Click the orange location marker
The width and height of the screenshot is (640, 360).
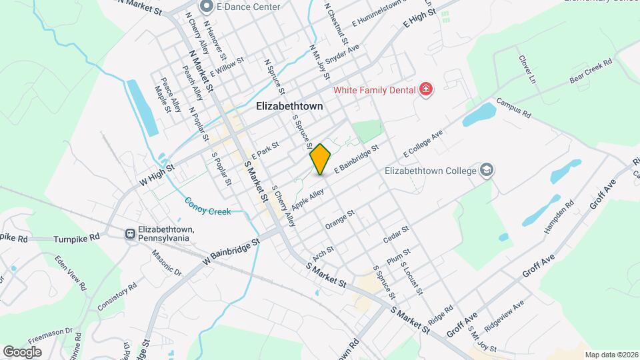[x=321, y=159]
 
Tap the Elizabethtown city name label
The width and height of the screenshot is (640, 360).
[x=289, y=106]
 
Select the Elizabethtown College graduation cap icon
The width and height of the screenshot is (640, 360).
[x=487, y=171]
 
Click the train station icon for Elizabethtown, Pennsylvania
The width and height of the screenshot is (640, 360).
[x=131, y=234]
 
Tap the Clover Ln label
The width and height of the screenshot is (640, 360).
[x=527, y=69]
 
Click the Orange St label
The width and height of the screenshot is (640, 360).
[x=339, y=220]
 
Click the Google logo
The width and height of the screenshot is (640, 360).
[x=22, y=351]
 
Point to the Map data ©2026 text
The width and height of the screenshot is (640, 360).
[x=610, y=355]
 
